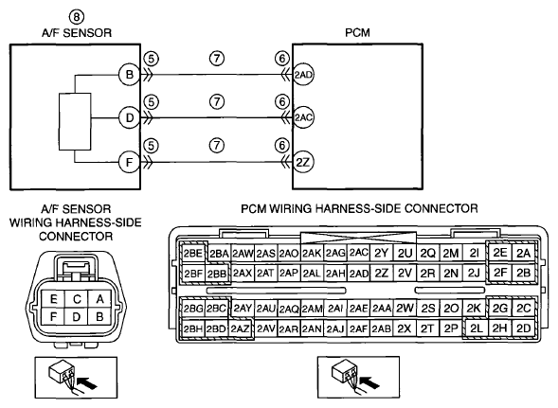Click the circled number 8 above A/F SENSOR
tap(77, 17)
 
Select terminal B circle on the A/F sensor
tap(129, 75)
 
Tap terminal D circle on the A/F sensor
tap(129, 117)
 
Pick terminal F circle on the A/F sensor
tap(129, 162)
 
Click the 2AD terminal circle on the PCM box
tap(303, 75)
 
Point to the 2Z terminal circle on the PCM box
tap(303, 162)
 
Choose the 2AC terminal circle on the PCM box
tap(303, 117)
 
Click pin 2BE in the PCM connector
tap(193, 254)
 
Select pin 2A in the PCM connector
tap(524, 254)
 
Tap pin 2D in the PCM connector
tap(524, 328)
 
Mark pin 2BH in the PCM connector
tap(193, 329)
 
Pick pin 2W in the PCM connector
tap(405, 309)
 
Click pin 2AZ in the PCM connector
tap(241, 329)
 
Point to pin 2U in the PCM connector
tap(405, 254)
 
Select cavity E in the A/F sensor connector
tap(53, 299)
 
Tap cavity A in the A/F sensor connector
tap(99, 299)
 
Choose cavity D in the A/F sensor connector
tap(76, 316)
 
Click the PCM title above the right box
tap(357, 33)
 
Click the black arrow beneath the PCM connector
tap(369, 382)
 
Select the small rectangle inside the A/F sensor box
tap(75, 121)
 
